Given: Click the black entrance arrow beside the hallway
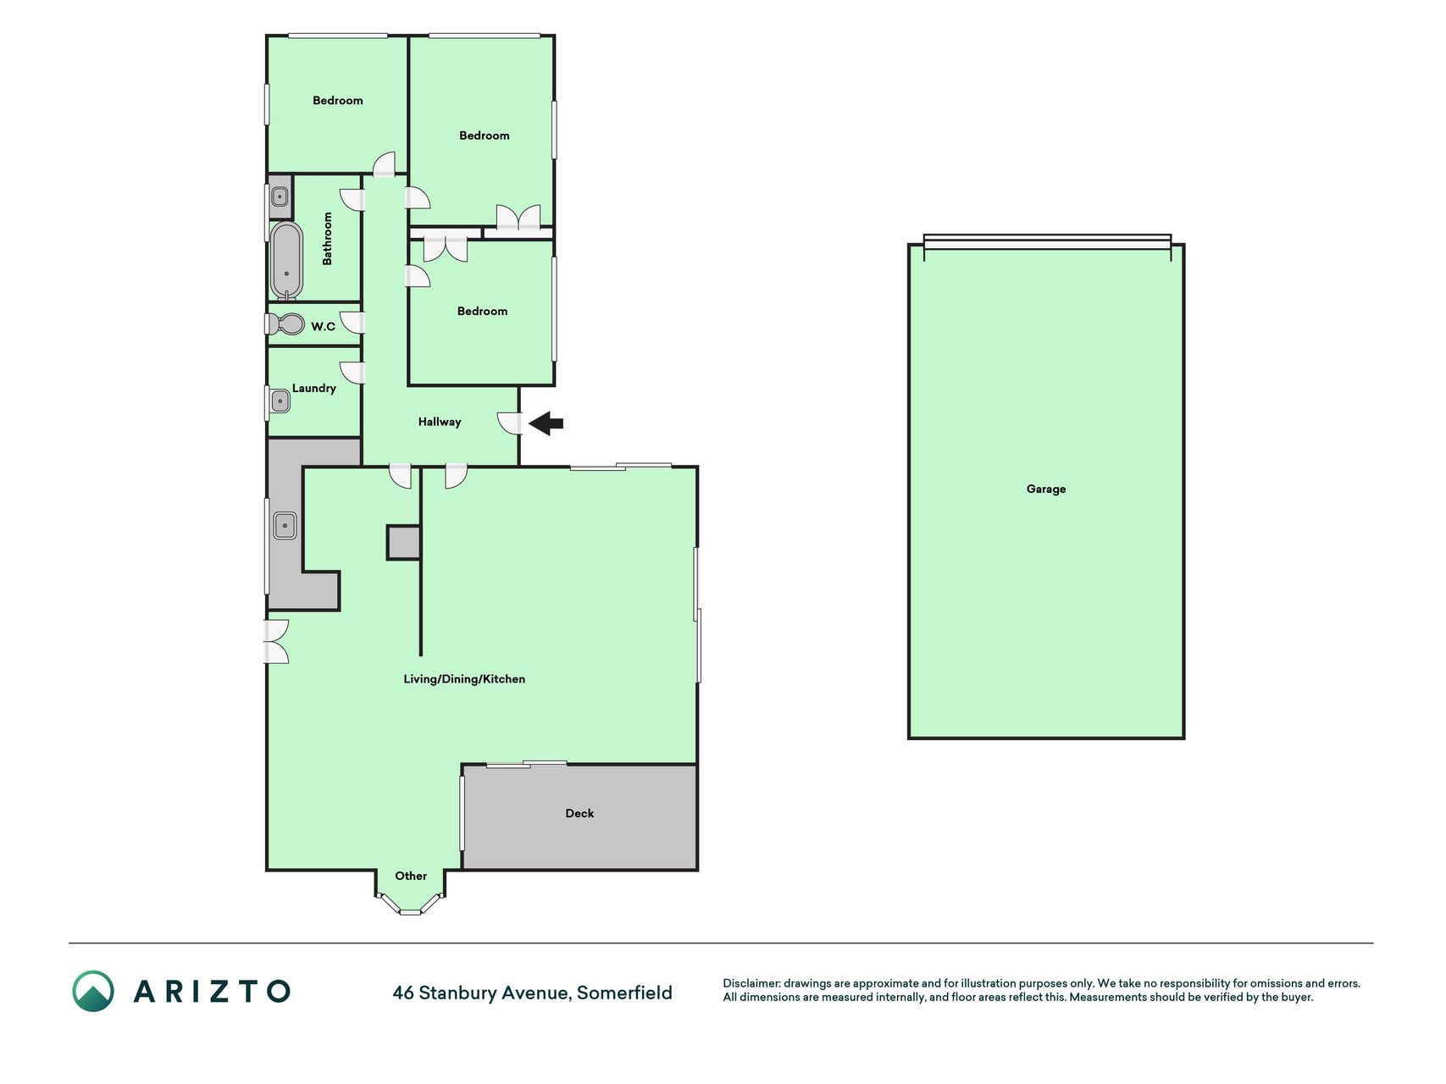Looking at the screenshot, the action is [546, 423].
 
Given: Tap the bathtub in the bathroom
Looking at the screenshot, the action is [286, 261].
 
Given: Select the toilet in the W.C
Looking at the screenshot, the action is [285, 324].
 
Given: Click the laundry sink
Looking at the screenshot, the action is [280, 401].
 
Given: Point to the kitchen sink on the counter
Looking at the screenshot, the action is [285, 525].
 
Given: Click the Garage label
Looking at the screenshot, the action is [1046, 489].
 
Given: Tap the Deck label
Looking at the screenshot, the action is [579, 813].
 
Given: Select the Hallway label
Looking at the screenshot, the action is [440, 422].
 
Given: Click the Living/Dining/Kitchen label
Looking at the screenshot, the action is [464, 679].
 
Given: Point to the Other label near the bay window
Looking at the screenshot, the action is [411, 876].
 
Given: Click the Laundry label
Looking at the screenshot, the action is [314, 388].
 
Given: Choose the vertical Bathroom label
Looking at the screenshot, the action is [327, 239].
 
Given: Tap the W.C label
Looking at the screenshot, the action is [324, 326].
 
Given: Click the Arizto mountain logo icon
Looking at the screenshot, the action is [93, 991].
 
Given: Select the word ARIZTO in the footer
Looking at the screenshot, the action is [212, 991].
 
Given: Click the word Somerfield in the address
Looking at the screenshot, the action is [624, 993].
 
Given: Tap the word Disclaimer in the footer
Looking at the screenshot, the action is [751, 983].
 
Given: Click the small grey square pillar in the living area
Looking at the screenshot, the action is [404, 542].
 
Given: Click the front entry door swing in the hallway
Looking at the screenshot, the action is [508, 423].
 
